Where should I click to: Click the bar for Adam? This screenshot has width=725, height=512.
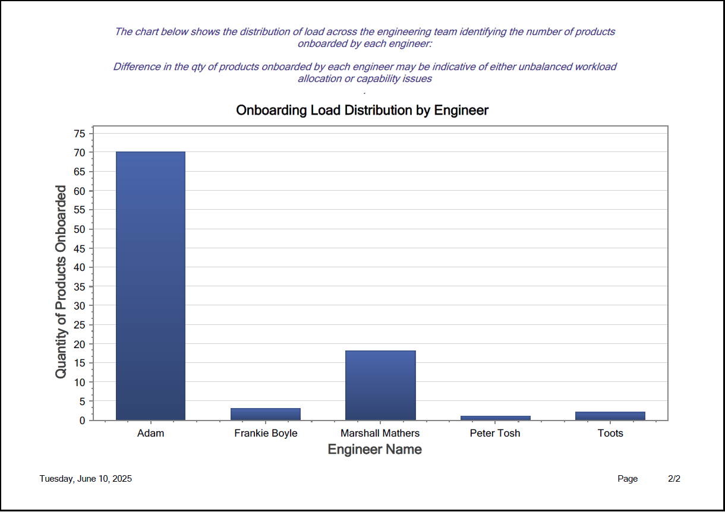[x=150, y=286]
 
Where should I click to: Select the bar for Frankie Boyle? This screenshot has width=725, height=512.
[x=266, y=414]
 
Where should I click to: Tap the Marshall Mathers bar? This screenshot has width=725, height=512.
[x=380, y=385]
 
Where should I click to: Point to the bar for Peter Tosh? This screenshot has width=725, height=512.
[x=495, y=418]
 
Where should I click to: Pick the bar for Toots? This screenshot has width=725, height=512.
[x=610, y=416]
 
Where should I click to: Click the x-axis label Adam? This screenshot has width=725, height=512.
[x=150, y=433]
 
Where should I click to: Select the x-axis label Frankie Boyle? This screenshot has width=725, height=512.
[x=266, y=433]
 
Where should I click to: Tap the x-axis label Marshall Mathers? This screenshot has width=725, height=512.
[x=380, y=433]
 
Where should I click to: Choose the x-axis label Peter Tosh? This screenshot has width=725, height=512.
[x=495, y=433]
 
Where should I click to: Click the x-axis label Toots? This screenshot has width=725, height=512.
[x=610, y=433]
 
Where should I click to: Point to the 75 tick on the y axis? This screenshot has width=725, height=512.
[x=80, y=134]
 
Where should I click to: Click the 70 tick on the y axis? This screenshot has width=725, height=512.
[x=80, y=153]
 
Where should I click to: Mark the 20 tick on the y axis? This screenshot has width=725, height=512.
[x=80, y=344]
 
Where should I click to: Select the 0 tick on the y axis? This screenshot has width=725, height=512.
[x=83, y=421]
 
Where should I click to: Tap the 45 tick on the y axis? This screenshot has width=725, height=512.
[x=80, y=248]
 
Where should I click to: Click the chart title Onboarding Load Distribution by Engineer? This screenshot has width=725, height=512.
[x=362, y=110]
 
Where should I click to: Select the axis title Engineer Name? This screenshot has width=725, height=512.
[x=374, y=450]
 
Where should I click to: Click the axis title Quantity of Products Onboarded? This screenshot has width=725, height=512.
[x=61, y=282]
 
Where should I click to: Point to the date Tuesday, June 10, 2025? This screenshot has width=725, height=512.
[x=86, y=479]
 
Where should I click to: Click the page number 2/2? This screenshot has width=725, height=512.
[x=674, y=479]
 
